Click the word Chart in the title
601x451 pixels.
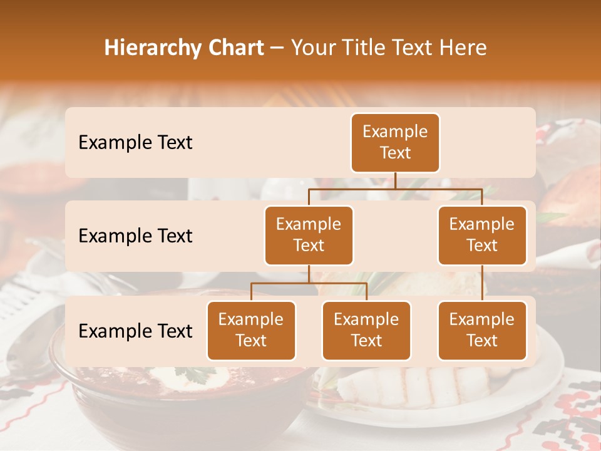233,48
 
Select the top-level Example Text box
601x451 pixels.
395,143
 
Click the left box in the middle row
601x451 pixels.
309,235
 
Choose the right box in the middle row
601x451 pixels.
482,235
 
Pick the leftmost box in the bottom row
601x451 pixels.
251,330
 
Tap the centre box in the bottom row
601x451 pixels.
366,330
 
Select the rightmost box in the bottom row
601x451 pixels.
482,330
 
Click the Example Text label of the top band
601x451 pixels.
135,143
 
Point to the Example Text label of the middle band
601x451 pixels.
135,236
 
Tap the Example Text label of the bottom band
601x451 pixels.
135,331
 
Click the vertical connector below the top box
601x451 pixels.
395,180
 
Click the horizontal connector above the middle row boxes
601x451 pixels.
395,189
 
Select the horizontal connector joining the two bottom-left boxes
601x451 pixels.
309,283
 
